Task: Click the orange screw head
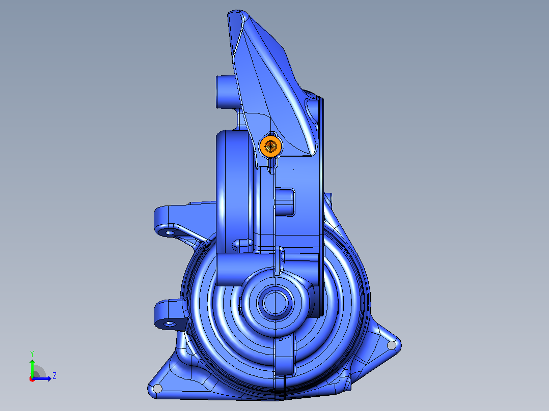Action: (x=270, y=146)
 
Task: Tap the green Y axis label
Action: (x=32, y=354)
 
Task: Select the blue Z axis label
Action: (x=54, y=376)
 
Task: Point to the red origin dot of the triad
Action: (x=32, y=379)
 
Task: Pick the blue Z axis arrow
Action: (x=42, y=378)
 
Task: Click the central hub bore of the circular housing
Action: (x=275, y=303)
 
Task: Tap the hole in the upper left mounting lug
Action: (x=170, y=232)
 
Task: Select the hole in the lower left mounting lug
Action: (x=170, y=324)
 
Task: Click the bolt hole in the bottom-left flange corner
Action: (x=157, y=388)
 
